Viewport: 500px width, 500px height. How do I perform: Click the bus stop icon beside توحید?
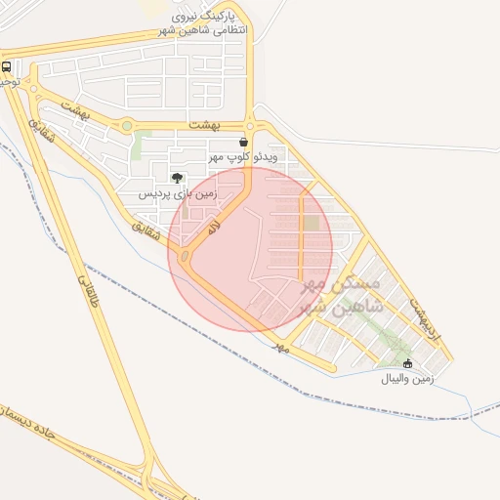(x=7, y=67)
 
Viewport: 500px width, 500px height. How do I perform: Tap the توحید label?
(x=8, y=83)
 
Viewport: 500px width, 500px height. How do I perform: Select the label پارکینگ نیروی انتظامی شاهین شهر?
(x=203, y=23)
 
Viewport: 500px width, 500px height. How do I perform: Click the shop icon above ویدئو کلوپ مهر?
(x=243, y=142)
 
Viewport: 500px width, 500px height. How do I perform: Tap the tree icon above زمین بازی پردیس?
(x=176, y=177)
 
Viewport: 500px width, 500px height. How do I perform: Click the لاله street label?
(x=212, y=228)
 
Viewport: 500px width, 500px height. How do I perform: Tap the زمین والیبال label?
(x=408, y=378)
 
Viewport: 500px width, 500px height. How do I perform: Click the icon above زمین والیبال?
(x=408, y=364)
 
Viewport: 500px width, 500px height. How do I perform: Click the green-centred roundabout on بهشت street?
(x=126, y=125)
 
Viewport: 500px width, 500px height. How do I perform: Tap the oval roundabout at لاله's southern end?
(x=184, y=257)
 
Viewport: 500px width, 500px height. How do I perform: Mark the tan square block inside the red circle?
(x=311, y=224)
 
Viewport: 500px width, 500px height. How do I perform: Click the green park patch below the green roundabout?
(x=137, y=146)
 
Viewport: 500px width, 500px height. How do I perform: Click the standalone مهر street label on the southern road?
(x=282, y=347)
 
